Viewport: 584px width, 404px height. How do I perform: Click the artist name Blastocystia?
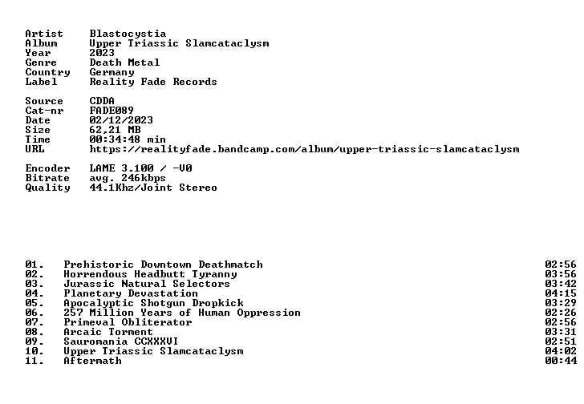pos(128,34)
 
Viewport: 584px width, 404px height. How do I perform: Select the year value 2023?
pos(102,52)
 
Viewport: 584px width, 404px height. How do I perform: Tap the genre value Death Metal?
pos(124,63)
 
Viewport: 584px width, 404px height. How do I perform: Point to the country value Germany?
pos(112,72)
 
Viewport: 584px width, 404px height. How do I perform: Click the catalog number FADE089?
pos(112,110)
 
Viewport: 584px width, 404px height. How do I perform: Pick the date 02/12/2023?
pos(121,119)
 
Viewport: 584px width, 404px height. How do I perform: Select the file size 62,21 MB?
pos(115,130)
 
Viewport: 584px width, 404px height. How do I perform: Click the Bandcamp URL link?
pos(304,149)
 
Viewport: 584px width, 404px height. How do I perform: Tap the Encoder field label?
pos(47,168)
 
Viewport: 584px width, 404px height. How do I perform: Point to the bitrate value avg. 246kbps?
pos(128,178)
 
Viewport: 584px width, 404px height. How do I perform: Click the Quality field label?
pos(47,188)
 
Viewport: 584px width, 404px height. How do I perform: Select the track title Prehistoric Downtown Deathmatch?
pos(163,265)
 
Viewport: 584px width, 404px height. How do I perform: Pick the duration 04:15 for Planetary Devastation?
pos(561,293)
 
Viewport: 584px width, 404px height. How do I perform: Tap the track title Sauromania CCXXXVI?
pos(120,341)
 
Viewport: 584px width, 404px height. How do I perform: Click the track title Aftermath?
pos(92,361)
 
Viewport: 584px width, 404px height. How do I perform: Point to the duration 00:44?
pos(561,361)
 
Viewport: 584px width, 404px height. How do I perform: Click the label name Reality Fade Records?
pos(153,82)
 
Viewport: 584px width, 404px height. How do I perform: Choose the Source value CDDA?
pos(102,101)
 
